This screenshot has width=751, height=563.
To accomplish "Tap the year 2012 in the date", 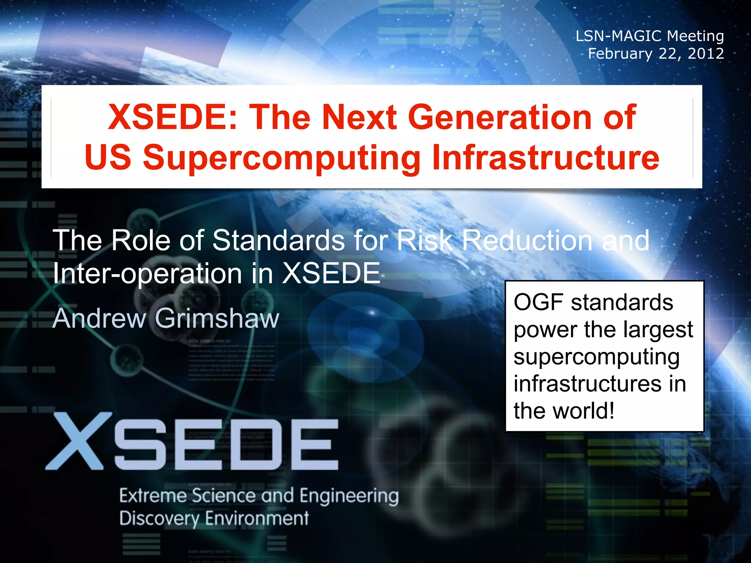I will point(706,54).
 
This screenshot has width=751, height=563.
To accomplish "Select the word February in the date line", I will point(620,54).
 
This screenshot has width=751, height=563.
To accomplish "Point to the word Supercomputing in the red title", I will point(282,158).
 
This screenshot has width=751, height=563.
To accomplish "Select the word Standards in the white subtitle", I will point(279,240).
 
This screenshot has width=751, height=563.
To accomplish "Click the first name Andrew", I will point(99,318).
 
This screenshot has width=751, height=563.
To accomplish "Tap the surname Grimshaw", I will point(217,318).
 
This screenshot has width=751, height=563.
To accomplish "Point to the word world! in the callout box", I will point(583,411).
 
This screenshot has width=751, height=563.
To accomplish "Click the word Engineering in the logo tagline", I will point(349,496).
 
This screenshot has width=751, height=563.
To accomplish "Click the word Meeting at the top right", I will point(695,36).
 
